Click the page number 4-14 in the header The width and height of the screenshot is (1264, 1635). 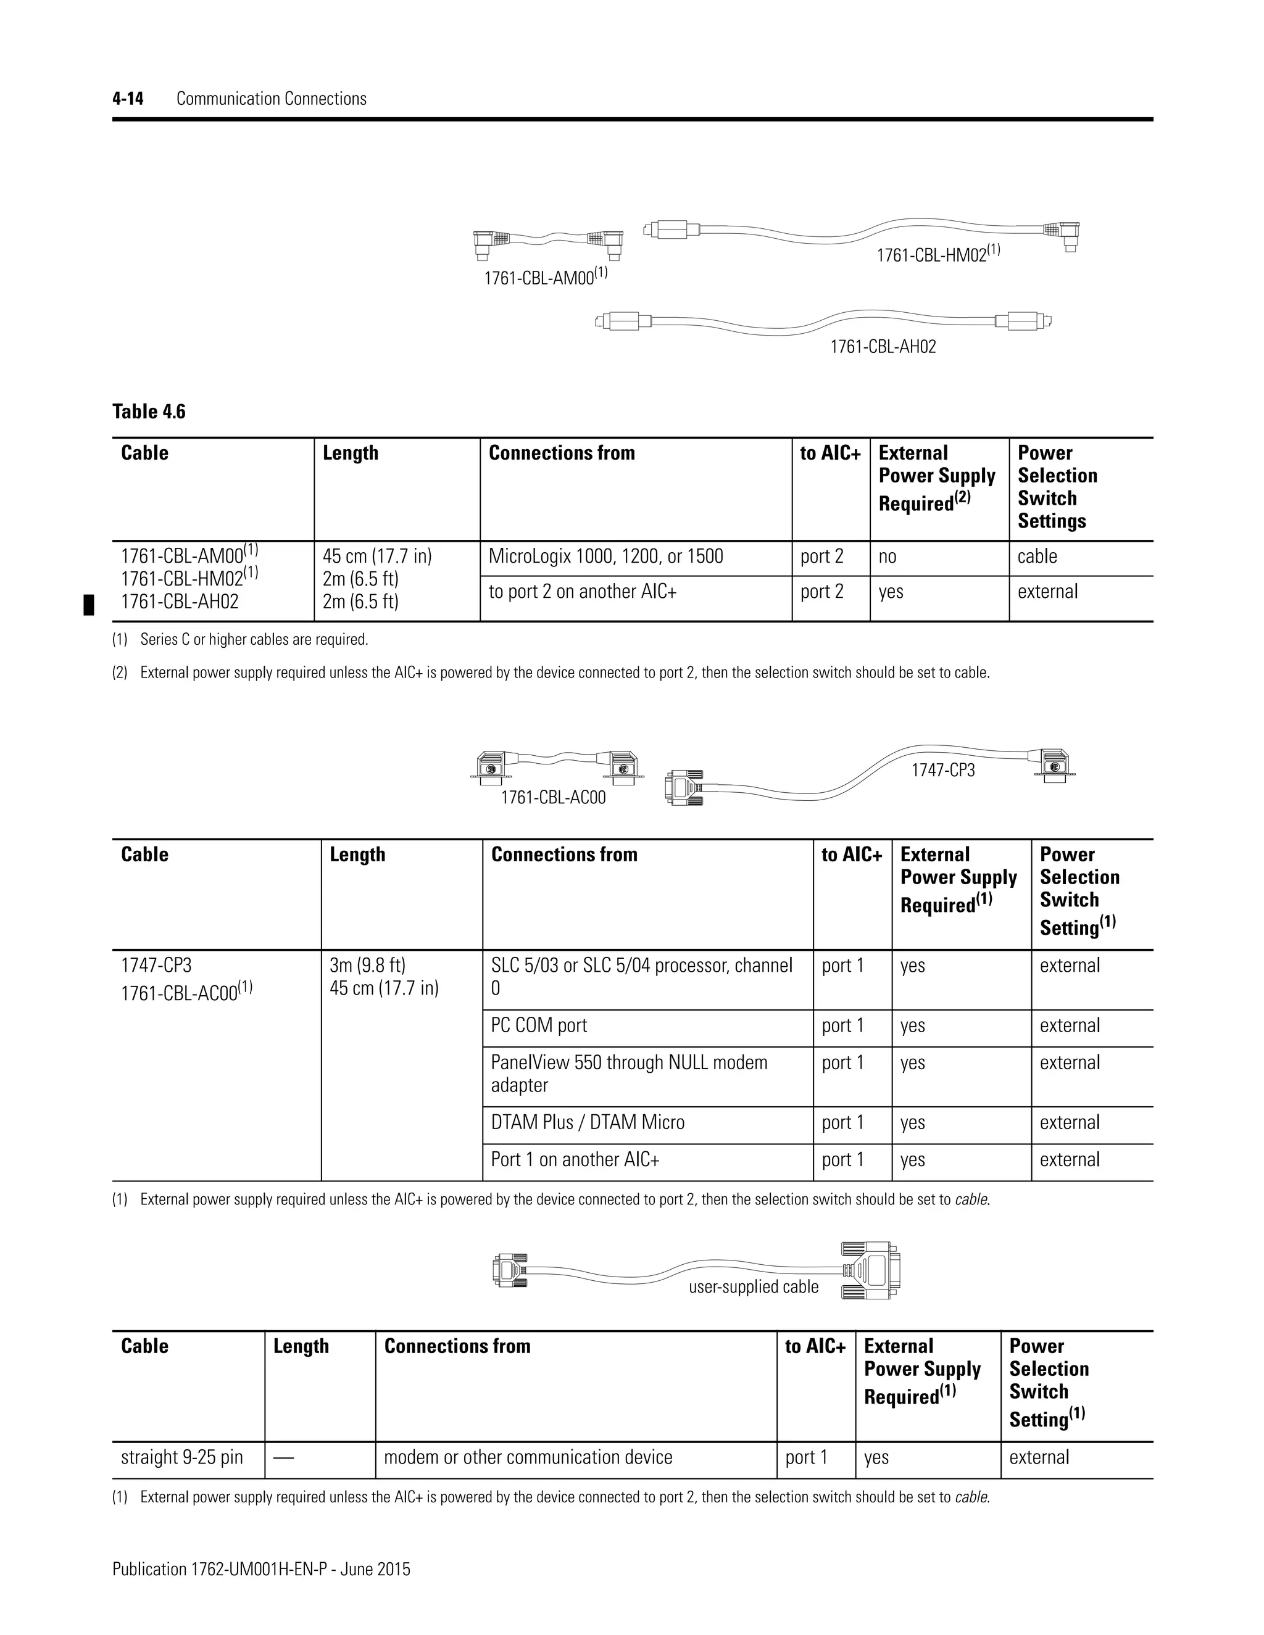128,99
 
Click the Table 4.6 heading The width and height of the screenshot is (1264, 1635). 149,412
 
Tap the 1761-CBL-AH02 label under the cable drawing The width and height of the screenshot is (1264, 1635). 883,347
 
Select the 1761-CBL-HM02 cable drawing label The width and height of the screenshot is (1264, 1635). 933,255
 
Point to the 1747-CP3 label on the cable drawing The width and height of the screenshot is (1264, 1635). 943,771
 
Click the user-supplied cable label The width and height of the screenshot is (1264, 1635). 754,1286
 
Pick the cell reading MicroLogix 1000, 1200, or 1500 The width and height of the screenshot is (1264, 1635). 606,557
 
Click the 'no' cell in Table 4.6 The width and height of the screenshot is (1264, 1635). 888,557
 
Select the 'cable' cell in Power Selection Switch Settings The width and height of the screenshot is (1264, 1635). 1037,557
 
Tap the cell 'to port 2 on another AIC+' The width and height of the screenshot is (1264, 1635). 583,592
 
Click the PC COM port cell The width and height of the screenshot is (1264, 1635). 539,1025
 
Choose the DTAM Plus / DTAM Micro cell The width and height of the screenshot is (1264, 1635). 588,1122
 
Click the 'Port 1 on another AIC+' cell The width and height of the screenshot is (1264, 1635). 575,1160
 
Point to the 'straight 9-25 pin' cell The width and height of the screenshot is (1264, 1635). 182,1457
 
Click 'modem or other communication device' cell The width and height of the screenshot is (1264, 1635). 528,1457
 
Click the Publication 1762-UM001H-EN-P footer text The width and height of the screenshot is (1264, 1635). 261,1569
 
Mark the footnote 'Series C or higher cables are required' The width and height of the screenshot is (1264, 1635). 254,640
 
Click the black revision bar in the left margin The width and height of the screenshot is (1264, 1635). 88,603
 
